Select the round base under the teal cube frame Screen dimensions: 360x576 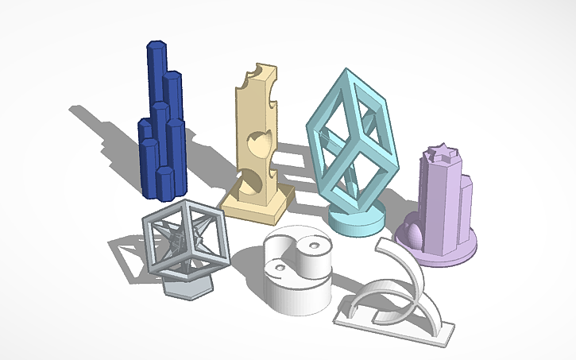(355, 219)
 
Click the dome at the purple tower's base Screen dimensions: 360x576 (416, 234)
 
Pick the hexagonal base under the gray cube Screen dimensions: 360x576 (187, 286)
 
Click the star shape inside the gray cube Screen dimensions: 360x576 (184, 238)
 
